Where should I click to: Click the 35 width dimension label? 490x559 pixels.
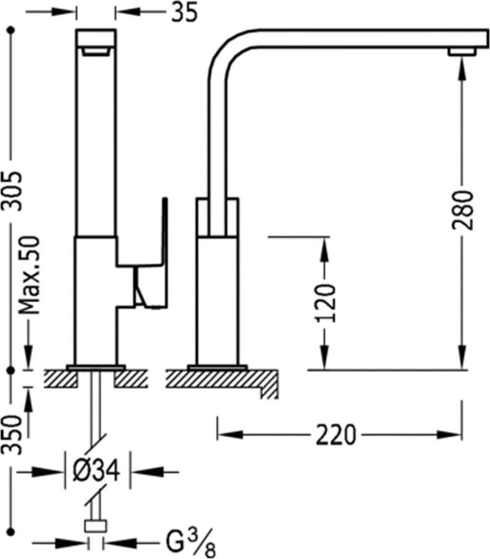coord(184,12)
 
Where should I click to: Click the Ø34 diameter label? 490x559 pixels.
coord(96,472)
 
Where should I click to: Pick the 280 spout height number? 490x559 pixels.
coord(463,211)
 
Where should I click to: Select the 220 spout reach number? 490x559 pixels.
coord(336,435)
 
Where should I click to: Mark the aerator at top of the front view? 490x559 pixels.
coord(96,52)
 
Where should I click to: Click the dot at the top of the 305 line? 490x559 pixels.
coord(11,30)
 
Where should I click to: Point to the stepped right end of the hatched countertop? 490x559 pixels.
coord(269,384)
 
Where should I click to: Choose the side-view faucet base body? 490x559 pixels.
coord(217,298)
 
